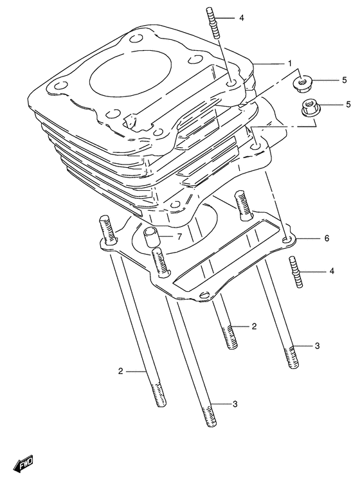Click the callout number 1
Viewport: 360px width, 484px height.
click(x=290, y=63)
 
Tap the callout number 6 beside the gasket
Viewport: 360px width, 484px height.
click(x=327, y=238)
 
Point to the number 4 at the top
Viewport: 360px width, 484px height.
click(x=241, y=18)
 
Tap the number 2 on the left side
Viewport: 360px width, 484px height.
click(x=120, y=371)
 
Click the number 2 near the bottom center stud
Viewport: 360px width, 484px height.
click(x=254, y=327)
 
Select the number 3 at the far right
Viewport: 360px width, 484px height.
click(x=317, y=346)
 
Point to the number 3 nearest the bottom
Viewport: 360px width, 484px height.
click(x=235, y=404)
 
